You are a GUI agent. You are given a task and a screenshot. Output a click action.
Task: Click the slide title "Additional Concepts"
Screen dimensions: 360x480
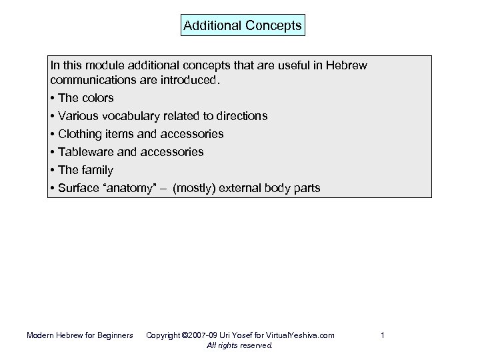pyautogui.click(x=242, y=26)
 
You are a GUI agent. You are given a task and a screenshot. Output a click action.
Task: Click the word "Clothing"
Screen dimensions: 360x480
pyautogui.click(x=81, y=134)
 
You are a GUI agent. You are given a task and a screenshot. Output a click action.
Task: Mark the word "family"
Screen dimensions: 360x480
pyautogui.click(x=97, y=170)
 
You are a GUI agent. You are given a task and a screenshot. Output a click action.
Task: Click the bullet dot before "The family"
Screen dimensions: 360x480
pyautogui.click(x=52, y=170)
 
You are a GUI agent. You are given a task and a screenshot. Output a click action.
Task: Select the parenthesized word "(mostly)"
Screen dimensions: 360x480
pyautogui.click(x=196, y=188)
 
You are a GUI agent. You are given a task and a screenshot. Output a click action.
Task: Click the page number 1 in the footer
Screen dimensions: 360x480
pyautogui.click(x=383, y=335)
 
